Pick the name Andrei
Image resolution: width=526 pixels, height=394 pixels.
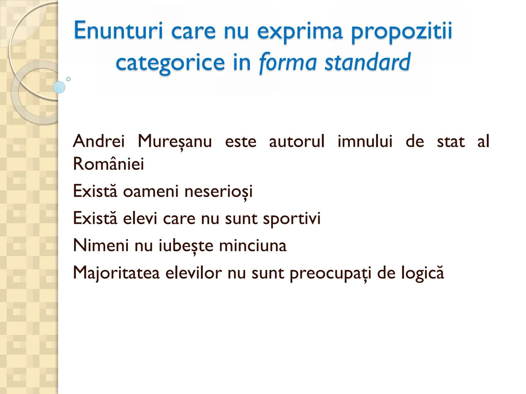99,141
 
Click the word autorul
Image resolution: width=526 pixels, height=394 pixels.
296,141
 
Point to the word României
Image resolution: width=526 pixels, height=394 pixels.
108,164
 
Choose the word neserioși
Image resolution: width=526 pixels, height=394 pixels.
218,191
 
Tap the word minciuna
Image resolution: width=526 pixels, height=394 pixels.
252,245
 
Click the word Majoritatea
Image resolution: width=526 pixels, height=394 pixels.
116,273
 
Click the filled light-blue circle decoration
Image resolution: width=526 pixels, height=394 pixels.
59,88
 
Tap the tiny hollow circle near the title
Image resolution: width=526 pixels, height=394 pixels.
68,79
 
